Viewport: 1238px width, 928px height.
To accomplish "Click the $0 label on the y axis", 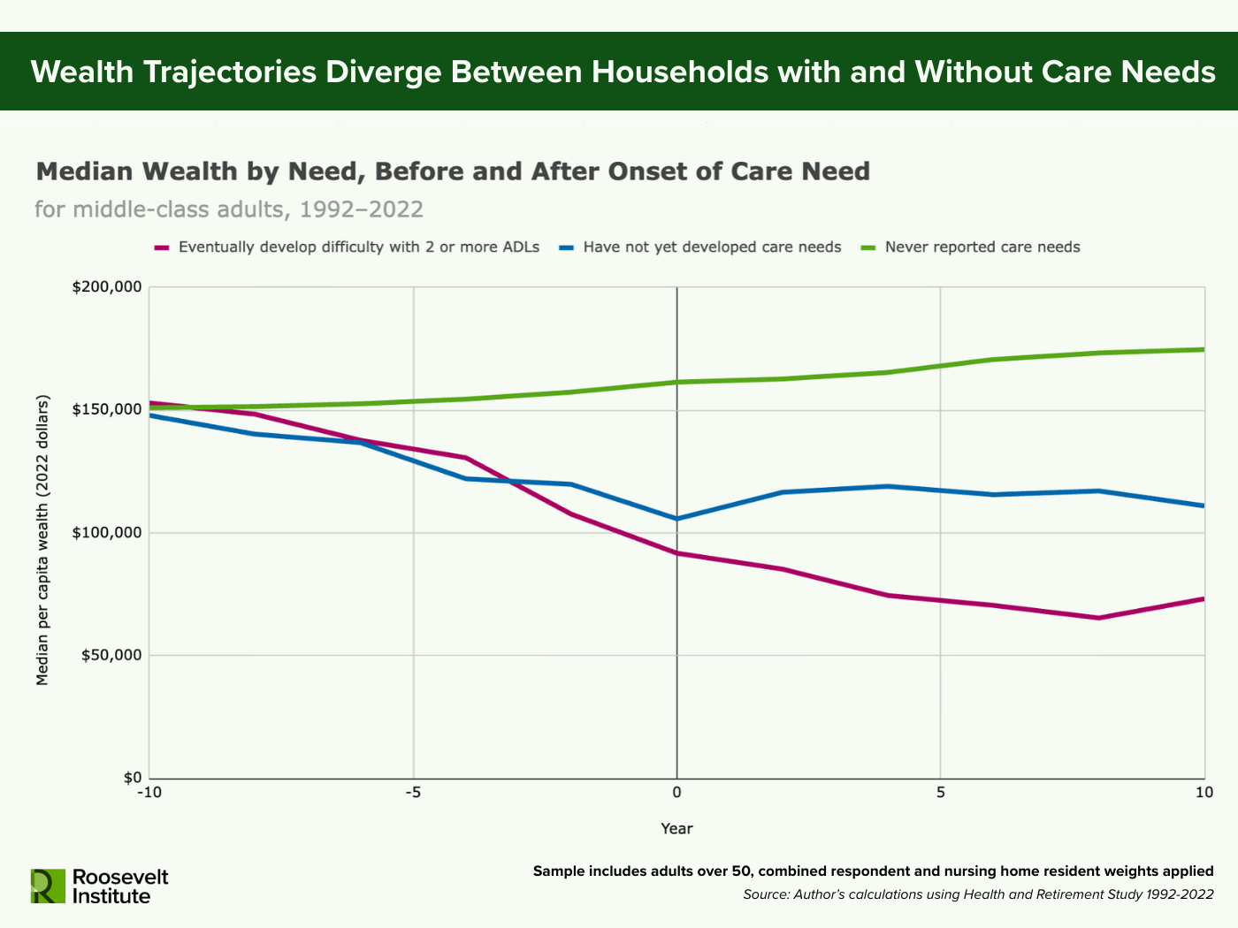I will point(132,778).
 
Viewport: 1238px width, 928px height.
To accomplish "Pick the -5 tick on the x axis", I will point(413,793).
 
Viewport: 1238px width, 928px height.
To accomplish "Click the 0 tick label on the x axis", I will point(676,793).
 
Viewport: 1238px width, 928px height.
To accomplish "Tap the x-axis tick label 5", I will point(940,793).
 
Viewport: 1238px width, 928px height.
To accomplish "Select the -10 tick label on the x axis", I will point(149,793).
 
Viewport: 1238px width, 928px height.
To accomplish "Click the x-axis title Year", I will point(676,829).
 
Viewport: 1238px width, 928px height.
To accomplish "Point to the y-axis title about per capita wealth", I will point(42,540).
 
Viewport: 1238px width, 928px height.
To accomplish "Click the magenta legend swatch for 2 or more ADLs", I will point(161,247).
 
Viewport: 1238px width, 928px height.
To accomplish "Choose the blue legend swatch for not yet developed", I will point(566,247).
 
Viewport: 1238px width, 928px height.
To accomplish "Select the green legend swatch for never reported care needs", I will point(867,247).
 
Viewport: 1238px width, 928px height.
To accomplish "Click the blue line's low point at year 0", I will point(676,519).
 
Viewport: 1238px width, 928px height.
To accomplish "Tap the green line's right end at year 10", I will point(1203,349).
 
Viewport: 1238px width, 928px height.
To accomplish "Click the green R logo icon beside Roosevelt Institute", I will point(48,886).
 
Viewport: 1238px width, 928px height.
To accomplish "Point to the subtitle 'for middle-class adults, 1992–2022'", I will point(229,209).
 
